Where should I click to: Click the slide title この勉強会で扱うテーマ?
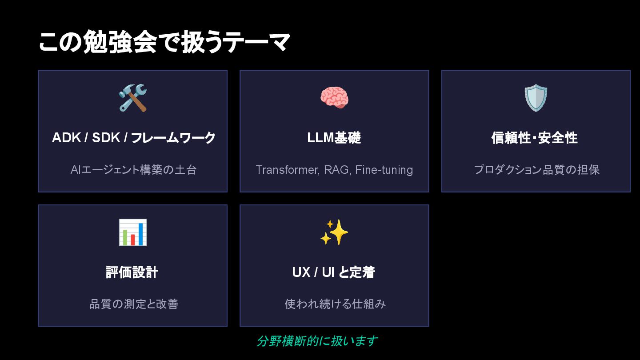[164, 43]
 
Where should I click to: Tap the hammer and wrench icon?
[132, 98]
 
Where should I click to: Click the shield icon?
[536, 98]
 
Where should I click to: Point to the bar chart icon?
[132, 232]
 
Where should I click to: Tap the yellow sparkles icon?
[334, 232]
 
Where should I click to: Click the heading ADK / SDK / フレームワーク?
[133, 138]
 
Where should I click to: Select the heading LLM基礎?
[334, 138]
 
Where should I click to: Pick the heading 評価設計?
[132, 272]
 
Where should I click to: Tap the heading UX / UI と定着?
[334, 272]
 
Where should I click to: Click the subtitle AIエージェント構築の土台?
[133, 170]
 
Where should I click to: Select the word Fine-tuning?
[384, 170]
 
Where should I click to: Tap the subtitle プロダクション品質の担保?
[536, 170]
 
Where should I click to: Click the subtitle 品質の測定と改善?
[134, 304]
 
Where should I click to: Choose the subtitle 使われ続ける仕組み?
[335, 304]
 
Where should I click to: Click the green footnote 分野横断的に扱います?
[317, 341]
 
